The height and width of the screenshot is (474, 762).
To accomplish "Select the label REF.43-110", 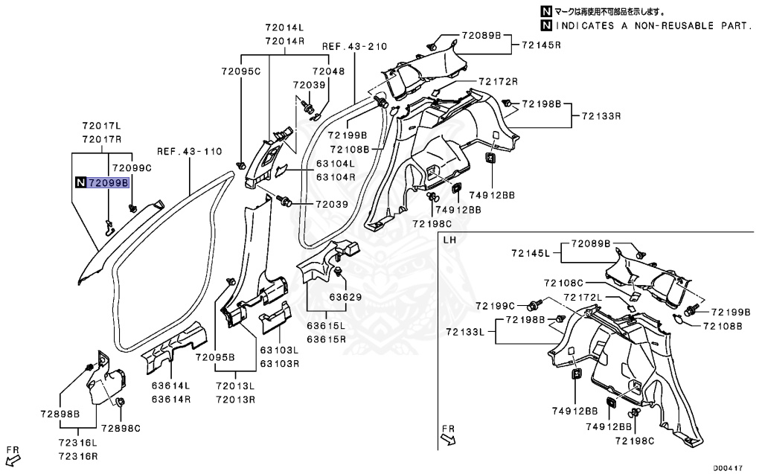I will (x=189, y=151).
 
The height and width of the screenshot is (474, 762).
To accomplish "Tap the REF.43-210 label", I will (x=354, y=46).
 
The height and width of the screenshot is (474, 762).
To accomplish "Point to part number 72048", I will (x=328, y=71).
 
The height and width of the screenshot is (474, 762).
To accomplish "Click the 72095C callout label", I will (x=240, y=71).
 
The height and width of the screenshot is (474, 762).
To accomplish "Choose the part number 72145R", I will (x=541, y=45).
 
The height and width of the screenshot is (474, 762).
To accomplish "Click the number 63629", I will (x=345, y=297).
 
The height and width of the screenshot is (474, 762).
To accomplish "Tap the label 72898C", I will (x=121, y=428).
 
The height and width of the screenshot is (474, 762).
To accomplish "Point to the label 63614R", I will (x=172, y=399).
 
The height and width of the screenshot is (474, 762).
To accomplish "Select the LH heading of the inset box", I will (x=449, y=241).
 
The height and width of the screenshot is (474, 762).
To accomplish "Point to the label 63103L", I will (x=279, y=350).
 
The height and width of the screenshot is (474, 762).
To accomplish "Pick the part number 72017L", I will (x=101, y=127).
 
